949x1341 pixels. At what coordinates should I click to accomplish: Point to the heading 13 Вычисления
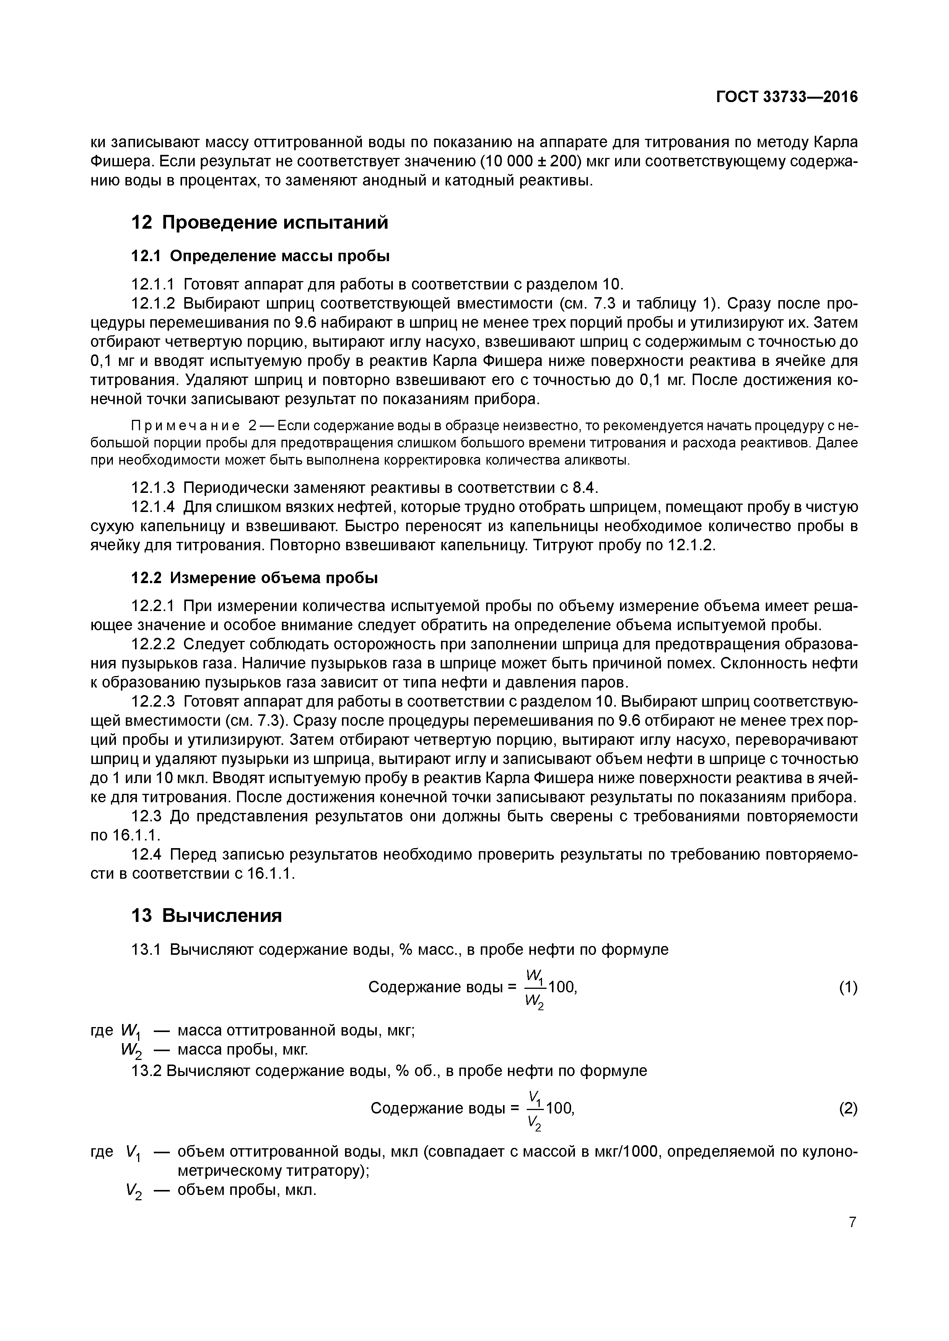pyautogui.click(x=206, y=915)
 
